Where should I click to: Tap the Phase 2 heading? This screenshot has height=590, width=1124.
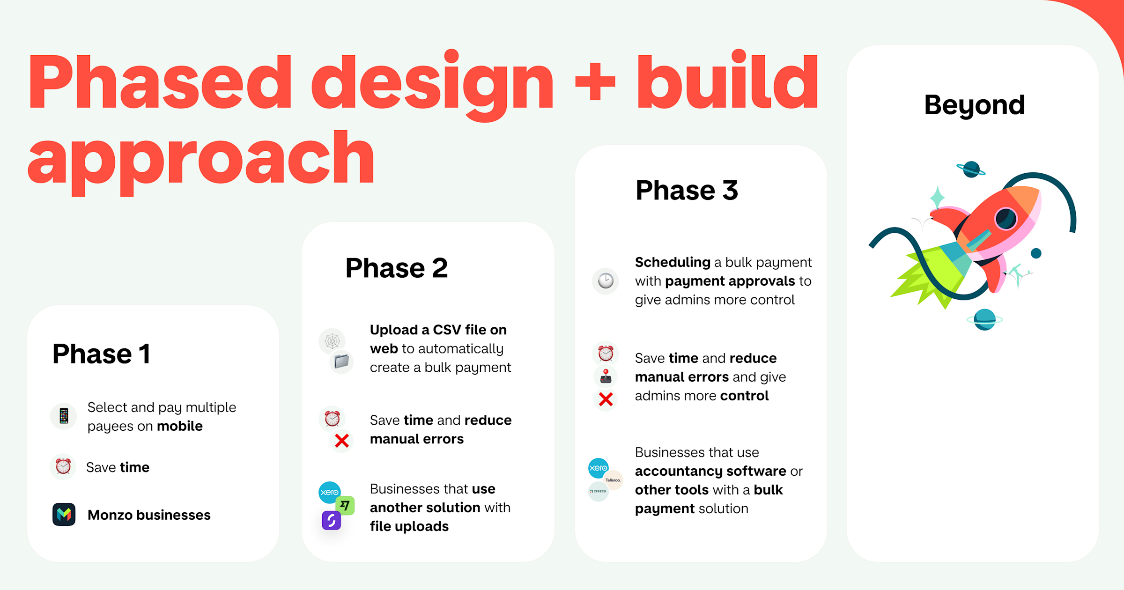click(x=397, y=268)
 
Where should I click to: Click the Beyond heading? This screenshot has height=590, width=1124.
click(x=975, y=105)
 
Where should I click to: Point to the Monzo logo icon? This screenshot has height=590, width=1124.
click(x=64, y=515)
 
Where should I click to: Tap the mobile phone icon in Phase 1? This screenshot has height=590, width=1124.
click(x=64, y=416)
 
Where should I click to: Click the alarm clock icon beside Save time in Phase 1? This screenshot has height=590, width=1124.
click(x=63, y=466)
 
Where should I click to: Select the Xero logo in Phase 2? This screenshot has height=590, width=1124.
click(x=330, y=492)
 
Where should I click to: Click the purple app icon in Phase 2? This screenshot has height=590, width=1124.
click(x=331, y=520)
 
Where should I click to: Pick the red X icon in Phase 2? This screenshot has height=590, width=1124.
click(x=342, y=441)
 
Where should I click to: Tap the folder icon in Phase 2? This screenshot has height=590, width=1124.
click(x=342, y=361)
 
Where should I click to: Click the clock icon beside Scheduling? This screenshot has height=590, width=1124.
click(x=606, y=281)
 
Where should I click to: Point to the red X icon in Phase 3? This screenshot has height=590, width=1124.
click(x=606, y=399)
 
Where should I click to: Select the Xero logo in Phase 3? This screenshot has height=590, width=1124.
click(x=599, y=468)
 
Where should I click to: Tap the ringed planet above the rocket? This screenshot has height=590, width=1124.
click(x=971, y=169)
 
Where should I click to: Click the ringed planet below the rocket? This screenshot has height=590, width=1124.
click(x=984, y=320)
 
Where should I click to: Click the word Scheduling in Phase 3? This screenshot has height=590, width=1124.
click(x=673, y=262)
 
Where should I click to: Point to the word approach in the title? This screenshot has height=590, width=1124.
click(x=201, y=162)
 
